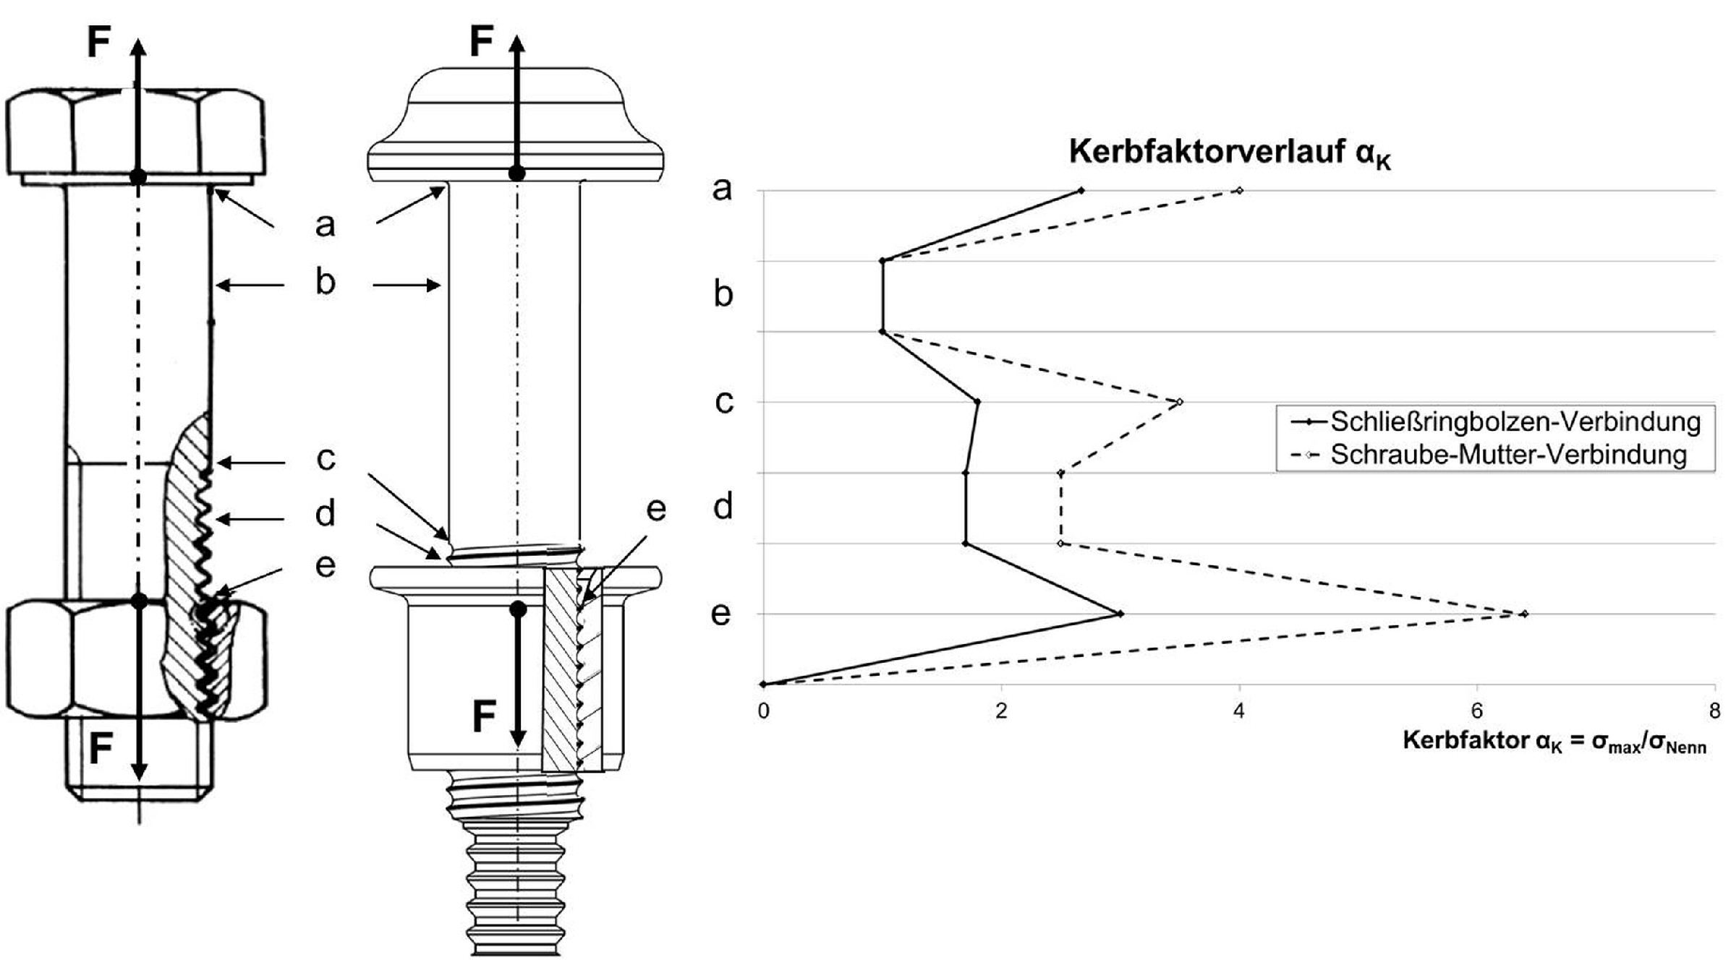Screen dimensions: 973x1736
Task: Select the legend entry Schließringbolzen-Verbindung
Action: pyautogui.click(x=1515, y=421)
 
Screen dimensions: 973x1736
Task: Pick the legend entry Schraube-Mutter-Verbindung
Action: pyautogui.click(x=1508, y=455)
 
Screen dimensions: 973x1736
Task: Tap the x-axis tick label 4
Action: pyautogui.click(x=1239, y=711)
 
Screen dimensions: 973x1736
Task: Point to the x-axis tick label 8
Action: pyautogui.click(x=1714, y=711)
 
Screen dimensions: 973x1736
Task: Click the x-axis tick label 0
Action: pyautogui.click(x=763, y=711)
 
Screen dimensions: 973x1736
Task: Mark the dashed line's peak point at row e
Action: pyautogui.click(x=1525, y=614)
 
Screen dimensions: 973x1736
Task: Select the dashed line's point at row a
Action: pyautogui.click(x=1240, y=191)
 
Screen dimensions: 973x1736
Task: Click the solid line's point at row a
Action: pyautogui.click(x=1081, y=191)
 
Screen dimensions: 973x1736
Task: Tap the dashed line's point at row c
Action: pyautogui.click(x=1180, y=402)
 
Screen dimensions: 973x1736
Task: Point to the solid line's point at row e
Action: pyautogui.click(x=1120, y=614)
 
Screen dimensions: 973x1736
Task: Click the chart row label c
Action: pyautogui.click(x=723, y=402)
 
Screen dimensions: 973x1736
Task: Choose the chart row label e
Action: pyautogui.click(x=721, y=614)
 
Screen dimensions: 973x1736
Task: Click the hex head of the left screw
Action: pyautogui.click(x=135, y=134)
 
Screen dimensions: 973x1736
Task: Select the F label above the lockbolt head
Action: pyautogui.click(x=481, y=40)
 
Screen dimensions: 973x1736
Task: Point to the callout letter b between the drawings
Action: pyautogui.click(x=325, y=282)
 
